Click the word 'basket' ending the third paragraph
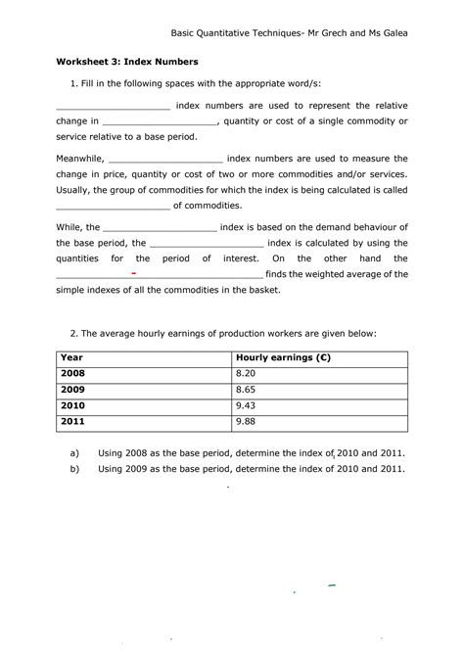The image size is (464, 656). click(263, 291)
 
